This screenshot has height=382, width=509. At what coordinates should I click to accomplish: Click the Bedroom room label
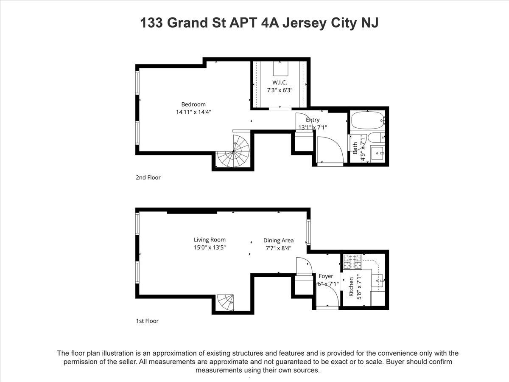pos(193,104)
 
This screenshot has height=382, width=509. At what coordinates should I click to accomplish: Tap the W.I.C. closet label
pos(280,82)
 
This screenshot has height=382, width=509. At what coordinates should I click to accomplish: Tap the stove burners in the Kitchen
pos(352,261)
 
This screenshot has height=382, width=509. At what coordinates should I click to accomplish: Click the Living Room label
pos(210,240)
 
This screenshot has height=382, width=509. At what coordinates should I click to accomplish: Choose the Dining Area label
pos(278,240)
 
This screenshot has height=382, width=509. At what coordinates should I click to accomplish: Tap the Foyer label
pos(326,276)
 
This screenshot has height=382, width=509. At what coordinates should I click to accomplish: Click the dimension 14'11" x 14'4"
pos(193,112)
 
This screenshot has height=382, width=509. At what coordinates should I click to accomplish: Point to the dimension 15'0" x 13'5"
pos(210,247)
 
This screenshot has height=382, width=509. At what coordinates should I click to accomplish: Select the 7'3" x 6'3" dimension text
pos(280,90)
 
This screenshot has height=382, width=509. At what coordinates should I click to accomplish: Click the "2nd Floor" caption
pos(148,177)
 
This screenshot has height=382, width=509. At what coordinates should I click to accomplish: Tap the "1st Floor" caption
pos(147,321)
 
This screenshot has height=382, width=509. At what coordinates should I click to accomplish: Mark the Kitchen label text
pos(351,288)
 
